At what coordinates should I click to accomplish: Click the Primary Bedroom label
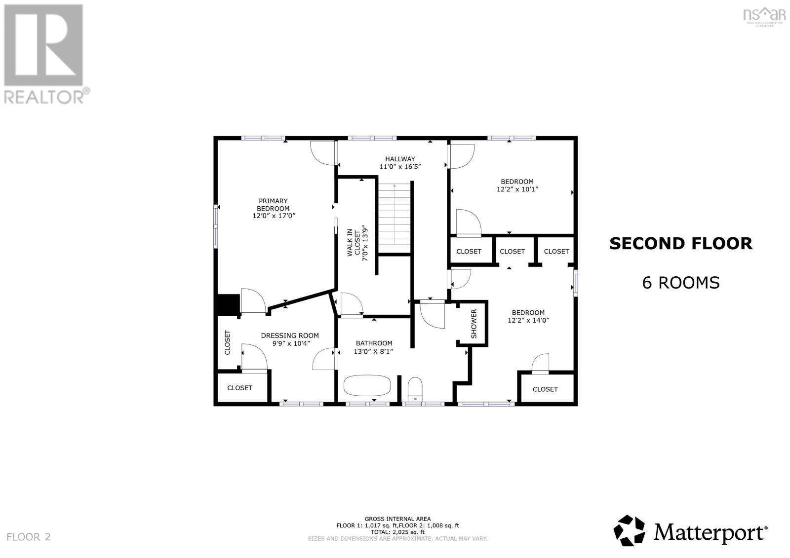273,204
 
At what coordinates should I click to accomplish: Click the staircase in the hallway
395,217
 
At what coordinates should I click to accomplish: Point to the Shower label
474,324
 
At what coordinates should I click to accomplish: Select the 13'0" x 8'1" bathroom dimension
374,351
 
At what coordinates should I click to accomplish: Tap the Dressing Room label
290,335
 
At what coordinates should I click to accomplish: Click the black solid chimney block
229,304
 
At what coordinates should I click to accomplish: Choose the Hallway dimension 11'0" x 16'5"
400,167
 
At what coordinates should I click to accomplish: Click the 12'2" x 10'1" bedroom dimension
517,189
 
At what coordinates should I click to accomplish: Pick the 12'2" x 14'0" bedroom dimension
528,320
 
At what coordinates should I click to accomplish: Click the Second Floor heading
680,243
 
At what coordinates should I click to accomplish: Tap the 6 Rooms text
680,283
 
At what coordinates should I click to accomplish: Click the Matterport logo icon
630,530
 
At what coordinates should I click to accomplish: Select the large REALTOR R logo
43,46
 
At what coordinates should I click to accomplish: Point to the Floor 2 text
29,537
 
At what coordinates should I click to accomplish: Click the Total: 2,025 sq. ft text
397,532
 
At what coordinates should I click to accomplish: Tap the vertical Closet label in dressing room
228,342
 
